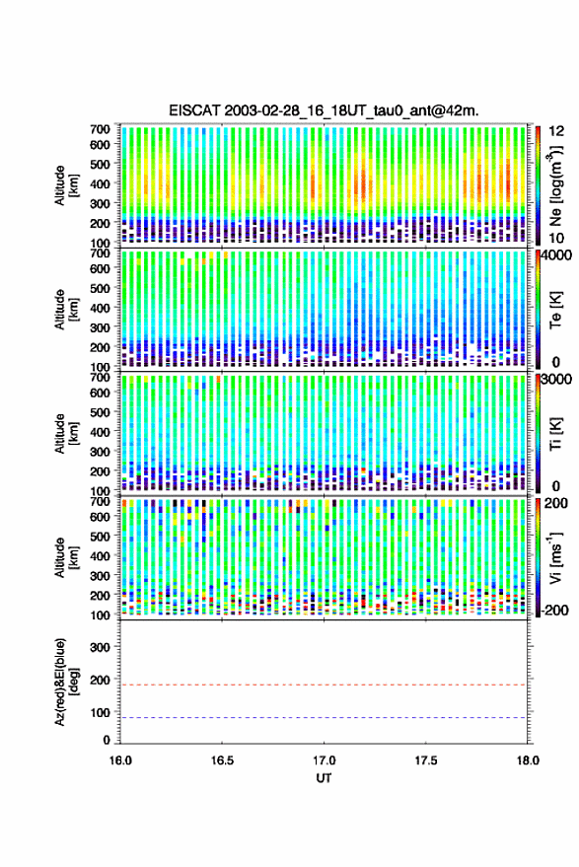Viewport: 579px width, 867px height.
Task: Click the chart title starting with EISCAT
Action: pyautogui.click(x=325, y=110)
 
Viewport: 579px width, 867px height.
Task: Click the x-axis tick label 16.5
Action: pyautogui.click(x=222, y=760)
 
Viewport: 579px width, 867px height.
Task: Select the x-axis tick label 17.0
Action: pyautogui.click(x=325, y=760)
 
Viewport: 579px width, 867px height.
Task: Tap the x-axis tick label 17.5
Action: pyautogui.click(x=426, y=760)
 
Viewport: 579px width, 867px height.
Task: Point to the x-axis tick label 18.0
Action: pyautogui.click(x=528, y=760)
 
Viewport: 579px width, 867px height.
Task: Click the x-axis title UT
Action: pyautogui.click(x=325, y=778)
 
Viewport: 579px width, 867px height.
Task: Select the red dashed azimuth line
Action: pyautogui.click(x=325, y=686)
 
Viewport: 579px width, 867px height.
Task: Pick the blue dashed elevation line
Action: pyautogui.click(x=325, y=718)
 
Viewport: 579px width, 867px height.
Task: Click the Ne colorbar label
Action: pyautogui.click(x=555, y=186)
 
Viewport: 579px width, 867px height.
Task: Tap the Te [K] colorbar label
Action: pyautogui.click(x=555, y=310)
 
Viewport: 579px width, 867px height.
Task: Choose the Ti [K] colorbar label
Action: pyautogui.click(x=555, y=434)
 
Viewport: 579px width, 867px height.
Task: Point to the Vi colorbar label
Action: pyautogui.click(x=555, y=557)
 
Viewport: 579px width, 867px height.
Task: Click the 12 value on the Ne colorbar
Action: pyautogui.click(x=556, y=131)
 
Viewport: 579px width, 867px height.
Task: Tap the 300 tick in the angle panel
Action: pyautogui.click(x=100, y=647)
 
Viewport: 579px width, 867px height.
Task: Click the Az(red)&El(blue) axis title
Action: pyautogui.click(x=65, y=682)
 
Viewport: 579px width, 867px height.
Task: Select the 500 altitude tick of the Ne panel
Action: pyautogui.click(x=100, y=164)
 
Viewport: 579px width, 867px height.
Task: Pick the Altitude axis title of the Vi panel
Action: pyautogui.click(x=65, y=557)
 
